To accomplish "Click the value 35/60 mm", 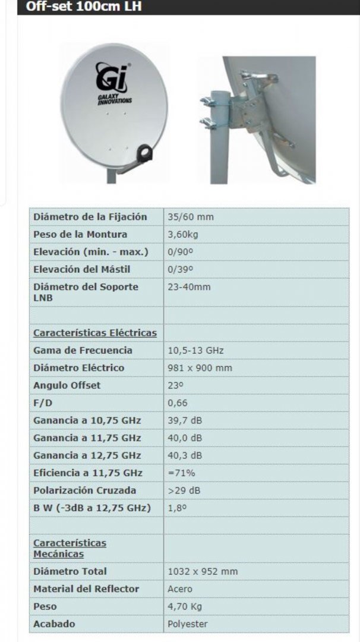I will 191,217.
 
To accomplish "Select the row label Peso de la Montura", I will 80,234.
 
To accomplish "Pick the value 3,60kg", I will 183,234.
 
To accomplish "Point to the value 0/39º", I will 181,269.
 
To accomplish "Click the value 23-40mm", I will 189,287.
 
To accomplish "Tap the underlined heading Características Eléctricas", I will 95,333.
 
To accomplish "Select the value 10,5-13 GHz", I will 195,350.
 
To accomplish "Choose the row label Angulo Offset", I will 67,385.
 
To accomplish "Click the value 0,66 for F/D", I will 178,402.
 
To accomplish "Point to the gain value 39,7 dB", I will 185,420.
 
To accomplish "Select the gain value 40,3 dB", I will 185,455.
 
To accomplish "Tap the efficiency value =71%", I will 182,473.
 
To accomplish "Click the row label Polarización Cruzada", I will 84,490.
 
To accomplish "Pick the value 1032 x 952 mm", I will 203,571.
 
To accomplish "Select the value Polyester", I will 188,624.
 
